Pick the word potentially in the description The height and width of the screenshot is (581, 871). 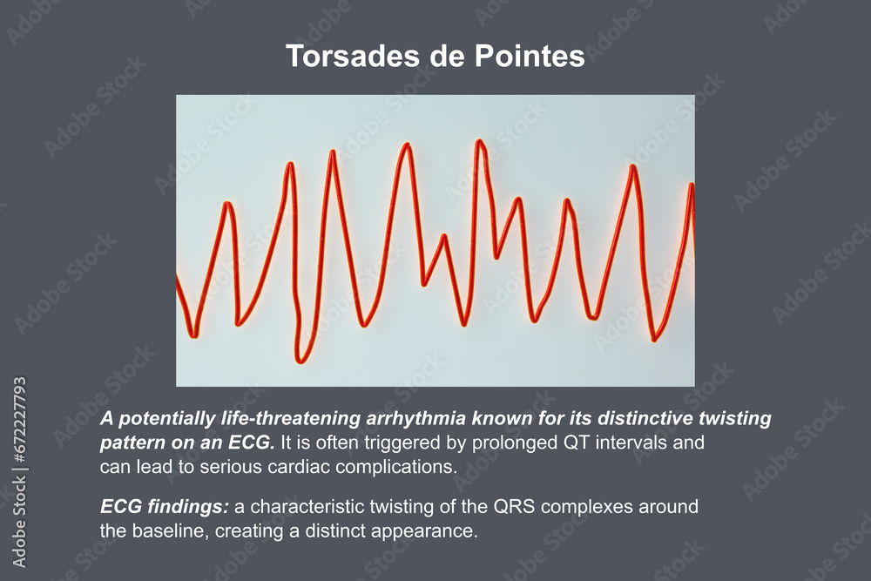tap(165, 419)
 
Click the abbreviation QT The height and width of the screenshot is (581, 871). tap(569, 443)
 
